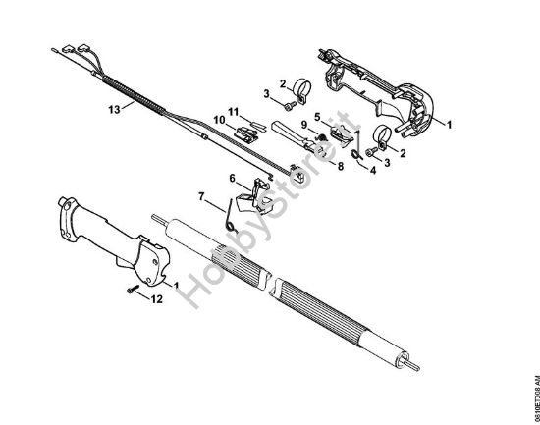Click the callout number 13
coord(116,110)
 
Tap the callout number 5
coord(316,117)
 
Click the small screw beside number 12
coord(132,291)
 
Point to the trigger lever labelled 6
coord(261,192)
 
